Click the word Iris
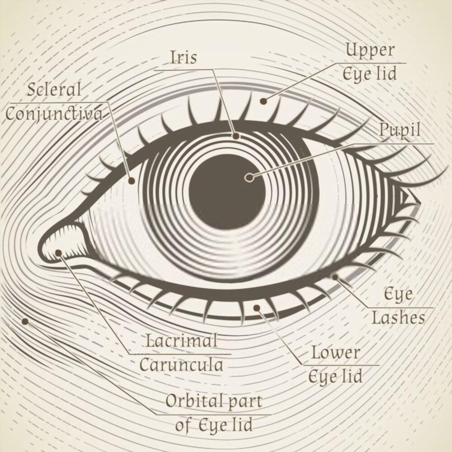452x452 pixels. point(184,57)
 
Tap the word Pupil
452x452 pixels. point(400,131)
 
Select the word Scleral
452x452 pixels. point(54,89)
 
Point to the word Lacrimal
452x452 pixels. point(181,340)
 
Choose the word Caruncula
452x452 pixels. point(181,364)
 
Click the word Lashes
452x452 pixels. point(398,318)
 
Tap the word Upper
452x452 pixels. point(370,50)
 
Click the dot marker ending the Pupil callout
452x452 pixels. point(249,178)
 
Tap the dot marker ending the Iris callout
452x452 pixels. point(236,135)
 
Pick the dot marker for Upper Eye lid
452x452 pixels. point(263,101)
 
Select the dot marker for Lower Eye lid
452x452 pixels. point(257,308)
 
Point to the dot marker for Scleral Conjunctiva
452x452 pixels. point(132,181)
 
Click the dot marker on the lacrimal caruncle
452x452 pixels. point(59,253)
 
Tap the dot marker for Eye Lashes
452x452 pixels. point(335,276)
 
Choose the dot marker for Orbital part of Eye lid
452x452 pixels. point(25,321)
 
